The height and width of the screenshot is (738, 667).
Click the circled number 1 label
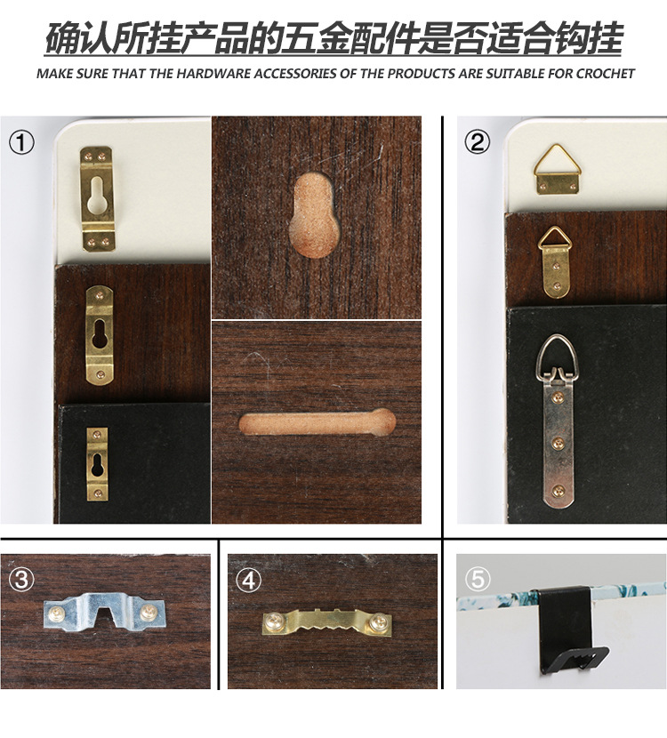[x=21, y=142]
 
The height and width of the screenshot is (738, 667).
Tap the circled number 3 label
[x=21, y=579]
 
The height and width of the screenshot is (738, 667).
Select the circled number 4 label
[x=248, y=580]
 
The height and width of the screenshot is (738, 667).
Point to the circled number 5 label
[x=478, y=579]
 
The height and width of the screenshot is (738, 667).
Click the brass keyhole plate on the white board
[x=98, y=199]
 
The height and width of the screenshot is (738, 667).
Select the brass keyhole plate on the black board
[x=98, y=464]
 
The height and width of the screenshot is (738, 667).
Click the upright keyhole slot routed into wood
[x=313, y=215]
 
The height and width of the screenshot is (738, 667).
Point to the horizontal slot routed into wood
[x=317, y=421]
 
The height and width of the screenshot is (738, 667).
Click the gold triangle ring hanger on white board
[x=557, y=170]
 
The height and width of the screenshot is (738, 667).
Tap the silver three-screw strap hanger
[x=559, y=422]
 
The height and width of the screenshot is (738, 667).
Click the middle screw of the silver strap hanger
[x=559, y=443]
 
